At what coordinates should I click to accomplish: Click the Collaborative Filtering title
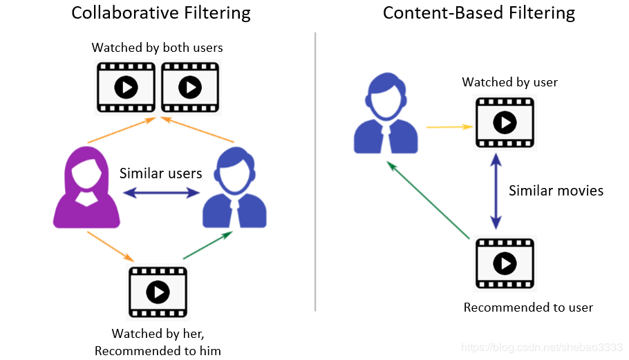coord(161,13)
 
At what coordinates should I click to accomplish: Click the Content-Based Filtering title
coord(479,13)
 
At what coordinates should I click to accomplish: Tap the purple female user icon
coord(86,187)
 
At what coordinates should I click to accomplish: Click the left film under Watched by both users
coord(126,87)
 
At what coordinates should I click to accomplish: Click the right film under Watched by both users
coord(189,87)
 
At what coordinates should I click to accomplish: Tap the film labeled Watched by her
coord(158,292)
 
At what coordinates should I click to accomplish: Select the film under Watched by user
coord(505,122)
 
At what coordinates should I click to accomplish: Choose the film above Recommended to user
coord(505,263)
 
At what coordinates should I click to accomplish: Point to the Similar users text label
coord(161,173)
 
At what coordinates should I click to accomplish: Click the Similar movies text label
coord(556,190)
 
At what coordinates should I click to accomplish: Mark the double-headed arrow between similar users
coord(161,194)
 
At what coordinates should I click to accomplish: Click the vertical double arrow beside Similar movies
coord(496,191)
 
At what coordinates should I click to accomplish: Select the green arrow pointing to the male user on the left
coord(207,246)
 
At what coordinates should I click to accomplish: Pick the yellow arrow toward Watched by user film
coord(449,126)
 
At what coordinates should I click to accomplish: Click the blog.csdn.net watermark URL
coord(542,346)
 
